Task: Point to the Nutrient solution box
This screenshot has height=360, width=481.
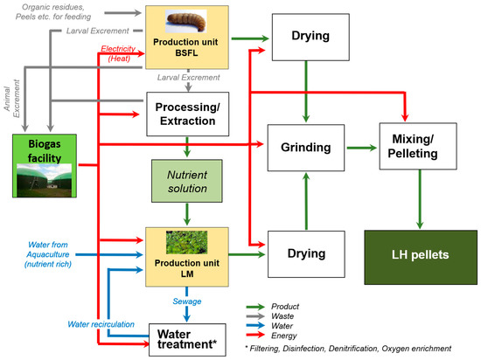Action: point(187,181)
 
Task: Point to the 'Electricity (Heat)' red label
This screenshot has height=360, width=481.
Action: point(119,54)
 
